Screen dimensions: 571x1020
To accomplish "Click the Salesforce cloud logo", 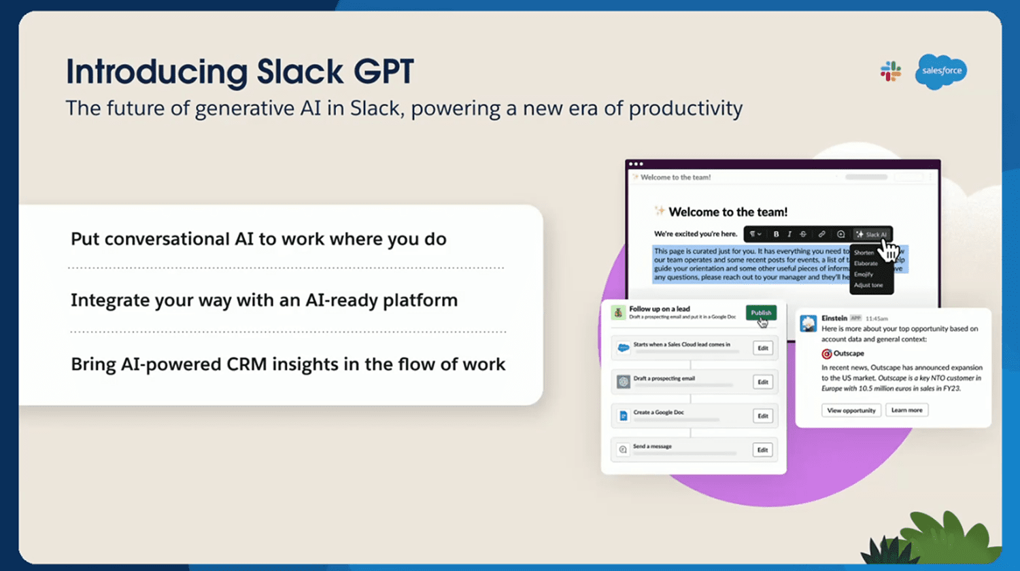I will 941,71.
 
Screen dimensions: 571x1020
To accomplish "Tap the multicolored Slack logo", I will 890,71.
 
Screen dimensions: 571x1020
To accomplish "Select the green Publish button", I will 761,313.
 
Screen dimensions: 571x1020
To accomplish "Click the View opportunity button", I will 851,411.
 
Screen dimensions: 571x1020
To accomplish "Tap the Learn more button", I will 906,411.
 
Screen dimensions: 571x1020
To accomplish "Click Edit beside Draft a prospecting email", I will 763,382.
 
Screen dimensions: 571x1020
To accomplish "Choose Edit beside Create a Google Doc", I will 763,416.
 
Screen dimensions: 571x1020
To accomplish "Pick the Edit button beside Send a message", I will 763,450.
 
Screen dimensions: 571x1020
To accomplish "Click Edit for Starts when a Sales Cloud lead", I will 763,348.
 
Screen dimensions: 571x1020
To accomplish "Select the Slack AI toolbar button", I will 872,235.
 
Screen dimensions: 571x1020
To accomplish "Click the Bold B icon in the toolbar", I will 776,235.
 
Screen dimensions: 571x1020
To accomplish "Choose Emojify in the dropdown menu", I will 864,274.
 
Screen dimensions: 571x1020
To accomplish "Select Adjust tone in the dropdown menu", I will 868,285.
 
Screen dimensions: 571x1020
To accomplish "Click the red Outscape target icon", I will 827,354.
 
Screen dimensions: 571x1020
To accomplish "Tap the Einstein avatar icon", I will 809,324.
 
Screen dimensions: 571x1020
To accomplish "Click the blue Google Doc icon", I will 623,416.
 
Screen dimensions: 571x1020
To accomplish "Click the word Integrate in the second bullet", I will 110,300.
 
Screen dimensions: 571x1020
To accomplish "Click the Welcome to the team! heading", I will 728,212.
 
